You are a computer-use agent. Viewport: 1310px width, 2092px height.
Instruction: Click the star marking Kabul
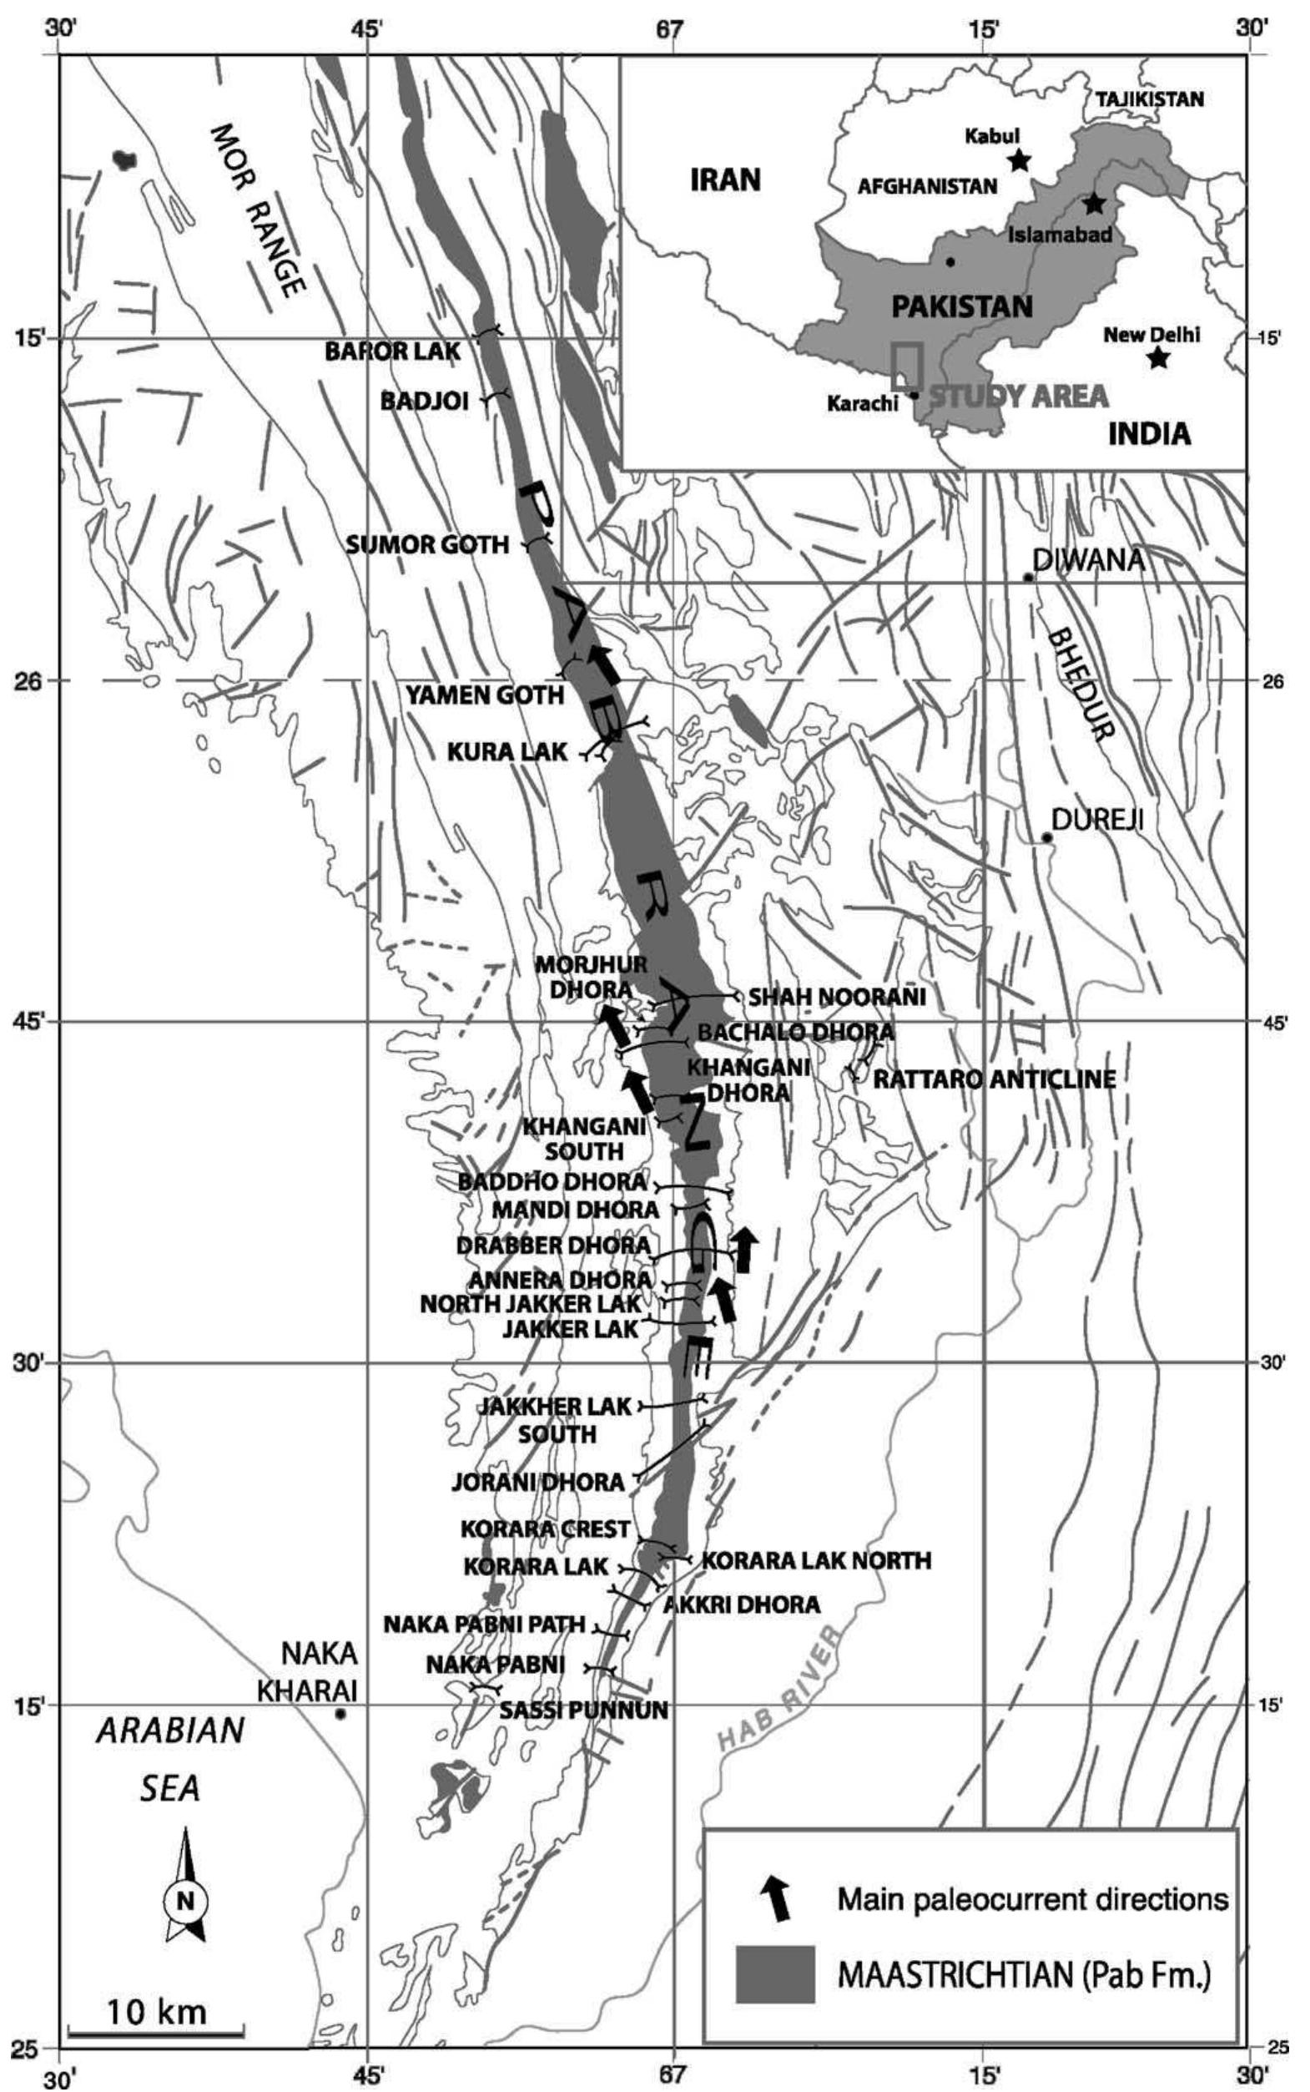tap(1020, 159)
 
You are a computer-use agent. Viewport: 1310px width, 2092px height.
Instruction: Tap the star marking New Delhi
tap(1157, 358)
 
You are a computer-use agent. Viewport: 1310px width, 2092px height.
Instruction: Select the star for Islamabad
tap(1094, 204)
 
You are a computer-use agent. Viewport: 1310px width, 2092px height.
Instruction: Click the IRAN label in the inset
tap(725, 180)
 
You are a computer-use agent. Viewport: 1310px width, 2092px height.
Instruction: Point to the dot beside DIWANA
tap(1029, 577)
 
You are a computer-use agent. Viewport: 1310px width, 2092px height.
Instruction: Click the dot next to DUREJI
tap(1046, 837)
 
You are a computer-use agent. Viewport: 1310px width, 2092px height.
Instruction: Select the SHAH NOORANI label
tap(837, 998)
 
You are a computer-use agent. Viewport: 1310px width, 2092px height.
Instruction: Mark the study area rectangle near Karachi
tap(907, 366)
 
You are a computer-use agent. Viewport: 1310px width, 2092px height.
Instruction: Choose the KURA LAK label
tap(507, 752)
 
